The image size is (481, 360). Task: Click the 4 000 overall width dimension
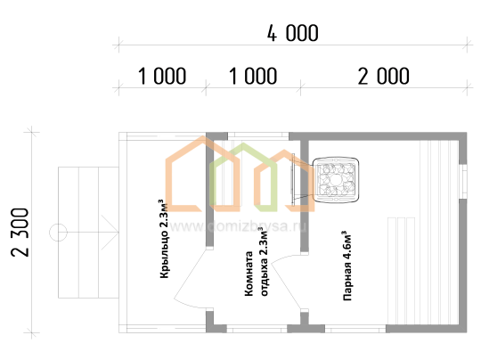(x=293, y=33)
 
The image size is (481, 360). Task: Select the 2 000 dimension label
(x=383, y=76)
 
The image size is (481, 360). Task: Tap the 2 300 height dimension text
(x=20, y=233)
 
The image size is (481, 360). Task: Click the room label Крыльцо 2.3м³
(x=164, y=239)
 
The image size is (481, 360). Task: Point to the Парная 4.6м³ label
(x=347, y=266)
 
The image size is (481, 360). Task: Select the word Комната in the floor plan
(x=249, y=274)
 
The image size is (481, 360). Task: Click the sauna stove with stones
(x=336, y=179)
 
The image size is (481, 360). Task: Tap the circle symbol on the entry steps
(x=58, y=233)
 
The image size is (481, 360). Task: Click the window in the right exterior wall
(x=463, y=182)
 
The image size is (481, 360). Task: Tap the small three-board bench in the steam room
(x=401, y=271)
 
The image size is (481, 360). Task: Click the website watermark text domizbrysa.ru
(x=238, y=226)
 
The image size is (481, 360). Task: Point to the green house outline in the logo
(x=243, y=177)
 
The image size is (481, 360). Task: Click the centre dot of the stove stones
(x=336, y=179)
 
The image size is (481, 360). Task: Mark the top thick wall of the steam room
(x=378, y=136)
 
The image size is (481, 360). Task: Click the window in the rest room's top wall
(x=258, y=135)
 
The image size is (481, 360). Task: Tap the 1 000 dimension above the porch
(x=162, y=76)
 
